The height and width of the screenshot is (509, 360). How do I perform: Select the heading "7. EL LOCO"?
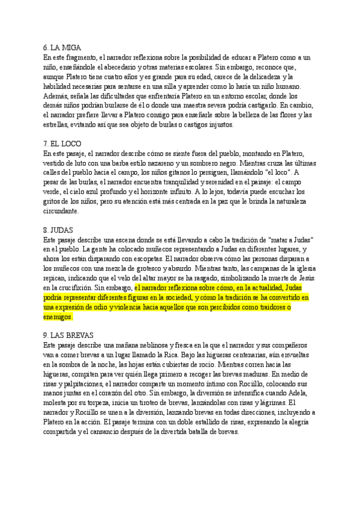62,144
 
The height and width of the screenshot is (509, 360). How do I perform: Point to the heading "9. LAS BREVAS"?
70,335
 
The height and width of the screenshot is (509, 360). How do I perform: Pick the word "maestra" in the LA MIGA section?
184,106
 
